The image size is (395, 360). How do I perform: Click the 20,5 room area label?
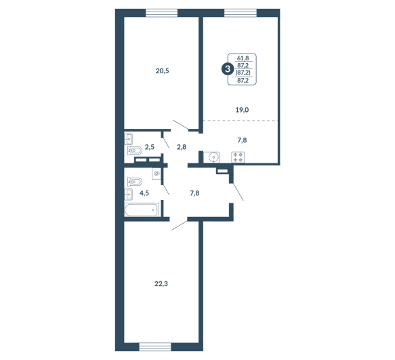tap(162, 71)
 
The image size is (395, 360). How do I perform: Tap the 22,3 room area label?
tap(161, 284)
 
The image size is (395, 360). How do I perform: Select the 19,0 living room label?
tap(242, 110)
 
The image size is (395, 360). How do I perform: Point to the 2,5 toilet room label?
tap(150, 147)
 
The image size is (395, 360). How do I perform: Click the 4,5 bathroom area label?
tap(144, 193)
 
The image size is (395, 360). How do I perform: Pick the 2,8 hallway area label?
tap(182, 147)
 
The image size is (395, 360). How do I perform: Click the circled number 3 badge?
tap(228, 69)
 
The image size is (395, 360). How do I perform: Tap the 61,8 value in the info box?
tap(243, 58)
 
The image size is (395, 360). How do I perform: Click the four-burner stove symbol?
tap(238, 157)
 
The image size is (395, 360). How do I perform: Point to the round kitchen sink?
tap(213, 157)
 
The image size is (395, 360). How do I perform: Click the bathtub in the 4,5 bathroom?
tap(142, 209)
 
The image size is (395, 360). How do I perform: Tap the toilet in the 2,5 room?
tap(135, 151)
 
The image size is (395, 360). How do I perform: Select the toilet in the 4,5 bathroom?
tap(135, 182)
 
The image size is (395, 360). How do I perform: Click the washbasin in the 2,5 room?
tap(129, 139)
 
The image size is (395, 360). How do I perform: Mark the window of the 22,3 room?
tap(155, 347)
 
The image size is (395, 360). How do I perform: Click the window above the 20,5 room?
tap(162, 13)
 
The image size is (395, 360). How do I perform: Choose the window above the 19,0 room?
tap(241, 13)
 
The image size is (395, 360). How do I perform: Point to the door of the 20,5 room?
tap(181, 125)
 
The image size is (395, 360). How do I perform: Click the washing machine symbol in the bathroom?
tap(157, 174)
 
